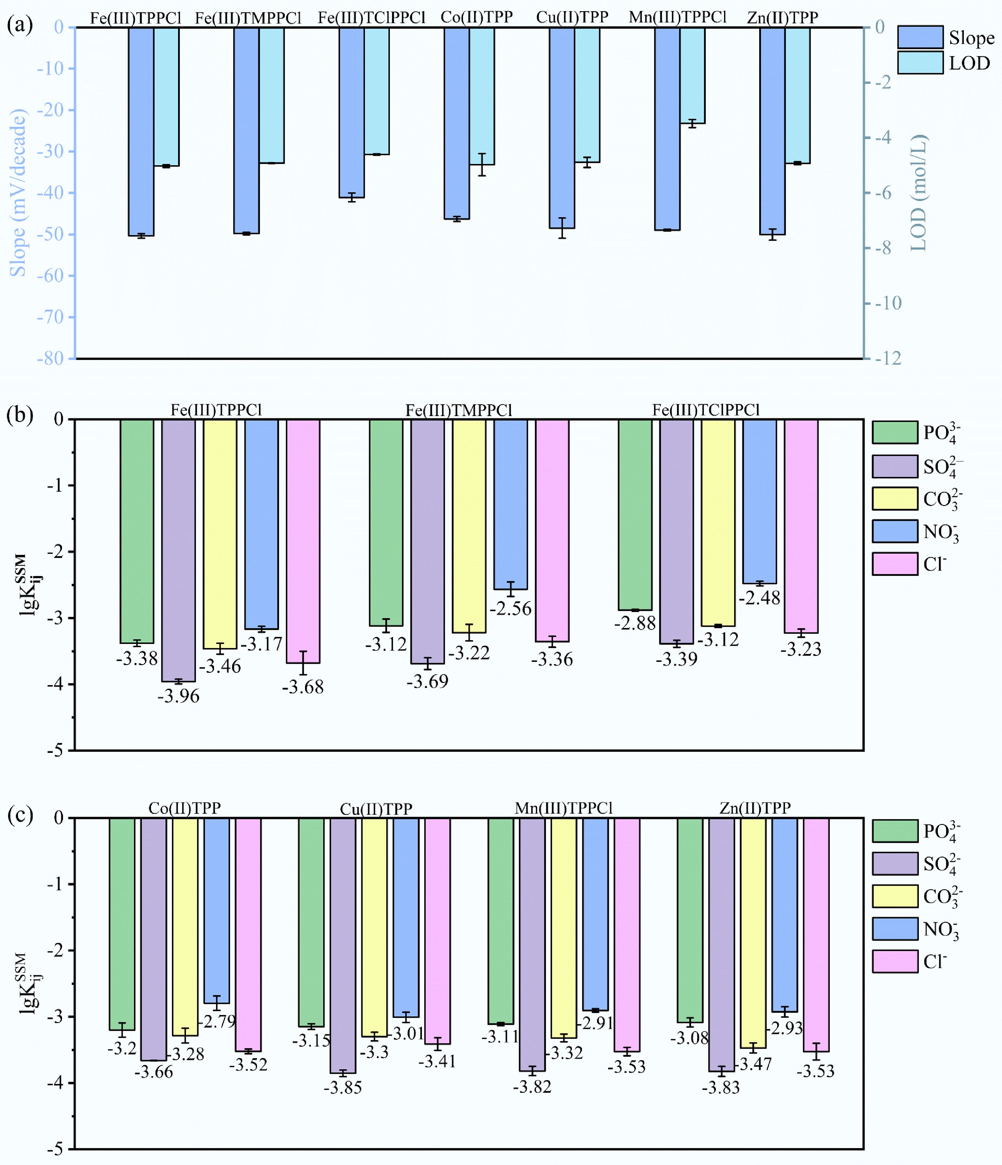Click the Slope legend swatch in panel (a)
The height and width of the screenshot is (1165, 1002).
[920, 37]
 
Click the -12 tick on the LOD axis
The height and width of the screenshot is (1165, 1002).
[888, 358]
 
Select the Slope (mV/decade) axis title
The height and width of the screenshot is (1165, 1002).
[19, 193]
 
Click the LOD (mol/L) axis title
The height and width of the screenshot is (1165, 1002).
[917, 193]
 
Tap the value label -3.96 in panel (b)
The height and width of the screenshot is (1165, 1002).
[178, 696]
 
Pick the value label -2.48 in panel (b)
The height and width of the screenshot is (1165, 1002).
[759, 598]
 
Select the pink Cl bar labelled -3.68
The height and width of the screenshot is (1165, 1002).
[303, 541]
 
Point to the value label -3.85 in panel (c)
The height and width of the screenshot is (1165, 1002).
[343, 1087]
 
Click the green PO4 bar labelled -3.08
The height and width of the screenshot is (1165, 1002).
[690, 920]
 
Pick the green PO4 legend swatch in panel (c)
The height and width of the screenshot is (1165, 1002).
[895, 831]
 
